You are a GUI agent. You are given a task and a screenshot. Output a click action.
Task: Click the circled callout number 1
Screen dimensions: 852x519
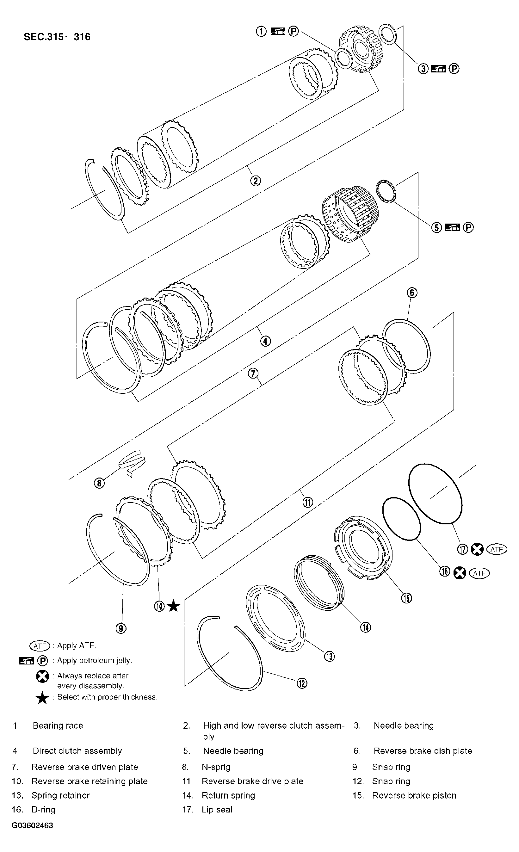pos(261,31)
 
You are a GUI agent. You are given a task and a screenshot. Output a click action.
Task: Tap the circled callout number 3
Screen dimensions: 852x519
pos(423,69)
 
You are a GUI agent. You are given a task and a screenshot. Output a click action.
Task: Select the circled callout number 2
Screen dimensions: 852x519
pos(255,181)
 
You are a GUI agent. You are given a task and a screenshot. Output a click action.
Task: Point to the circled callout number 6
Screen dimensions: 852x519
pos(412,293)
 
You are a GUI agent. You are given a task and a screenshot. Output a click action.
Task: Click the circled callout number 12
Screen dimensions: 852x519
pos(301,683)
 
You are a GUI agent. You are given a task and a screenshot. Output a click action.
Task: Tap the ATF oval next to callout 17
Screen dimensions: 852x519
pos(497,549)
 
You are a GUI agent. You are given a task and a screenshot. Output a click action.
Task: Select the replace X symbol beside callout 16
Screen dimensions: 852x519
pos(460,573)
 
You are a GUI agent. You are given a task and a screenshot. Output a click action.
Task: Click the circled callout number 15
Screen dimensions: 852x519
pos(406,598)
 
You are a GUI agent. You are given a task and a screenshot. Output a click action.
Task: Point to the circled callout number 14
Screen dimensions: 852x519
pos(366,627)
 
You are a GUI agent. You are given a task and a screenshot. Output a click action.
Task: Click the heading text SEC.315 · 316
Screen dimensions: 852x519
pos(57,37)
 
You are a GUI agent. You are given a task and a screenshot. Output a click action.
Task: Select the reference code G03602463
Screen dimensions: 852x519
pos(32,825)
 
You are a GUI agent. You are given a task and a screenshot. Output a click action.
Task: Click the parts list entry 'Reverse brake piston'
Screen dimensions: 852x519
pos(414,795)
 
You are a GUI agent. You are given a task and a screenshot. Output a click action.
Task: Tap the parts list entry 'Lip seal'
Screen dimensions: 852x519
pos(217,810)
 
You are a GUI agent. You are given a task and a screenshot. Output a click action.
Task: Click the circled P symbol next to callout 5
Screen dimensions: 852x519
pos(468,227)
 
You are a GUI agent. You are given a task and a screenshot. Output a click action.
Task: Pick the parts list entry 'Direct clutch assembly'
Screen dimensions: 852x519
pos(77,751)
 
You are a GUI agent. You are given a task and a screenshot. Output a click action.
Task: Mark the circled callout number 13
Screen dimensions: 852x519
pos(329,656)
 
